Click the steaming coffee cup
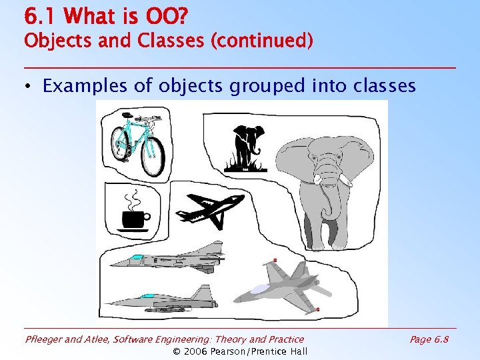[134, 217]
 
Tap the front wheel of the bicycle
[153, 155]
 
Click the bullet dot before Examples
[30, 87]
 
